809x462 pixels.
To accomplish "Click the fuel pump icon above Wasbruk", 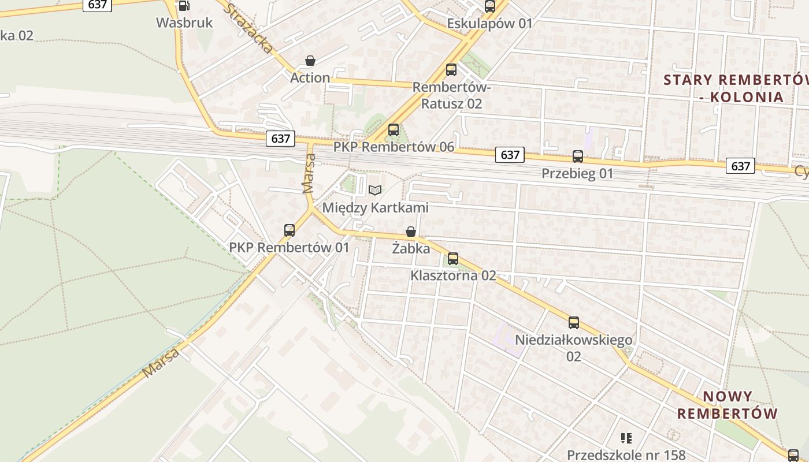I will coord(184,6).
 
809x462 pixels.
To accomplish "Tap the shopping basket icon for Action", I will coord(310,61).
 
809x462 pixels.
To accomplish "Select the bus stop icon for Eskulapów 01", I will coord(490,6).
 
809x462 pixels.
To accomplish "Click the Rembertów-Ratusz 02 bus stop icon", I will coord(451,70).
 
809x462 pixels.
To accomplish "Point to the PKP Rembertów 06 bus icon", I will coord(394,130).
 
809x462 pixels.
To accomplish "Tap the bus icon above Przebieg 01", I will coord(578,156).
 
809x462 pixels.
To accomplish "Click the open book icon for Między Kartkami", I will coord(375,190).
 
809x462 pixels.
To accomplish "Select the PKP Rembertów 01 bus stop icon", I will coord(290,230).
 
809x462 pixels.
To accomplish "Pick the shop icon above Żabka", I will coord(411,232).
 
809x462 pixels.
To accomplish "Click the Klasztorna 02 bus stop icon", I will coord(453,258).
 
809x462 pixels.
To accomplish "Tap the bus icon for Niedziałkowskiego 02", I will coord(574,323).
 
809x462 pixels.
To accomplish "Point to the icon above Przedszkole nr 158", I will coord(626,438).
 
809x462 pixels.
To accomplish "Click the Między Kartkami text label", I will coord(376,208).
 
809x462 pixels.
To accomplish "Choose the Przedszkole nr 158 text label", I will coord(626,455).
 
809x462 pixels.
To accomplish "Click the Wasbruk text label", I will coord(184,23).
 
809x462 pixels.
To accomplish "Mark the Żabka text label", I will coord(411,249).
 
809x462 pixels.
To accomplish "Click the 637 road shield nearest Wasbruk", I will coord(97,5).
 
